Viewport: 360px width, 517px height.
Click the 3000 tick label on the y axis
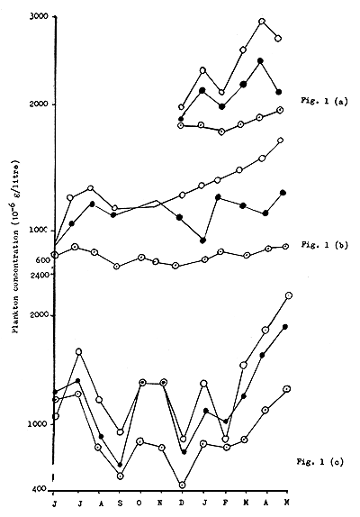point(39,18)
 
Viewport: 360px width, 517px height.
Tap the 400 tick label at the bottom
point(41,489)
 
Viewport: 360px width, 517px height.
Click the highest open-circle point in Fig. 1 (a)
point(262,21)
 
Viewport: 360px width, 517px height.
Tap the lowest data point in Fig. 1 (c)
point(183,484)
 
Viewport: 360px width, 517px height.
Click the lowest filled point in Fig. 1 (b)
point(203,240)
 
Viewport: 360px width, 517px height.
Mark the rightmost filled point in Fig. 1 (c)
point(286,327)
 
